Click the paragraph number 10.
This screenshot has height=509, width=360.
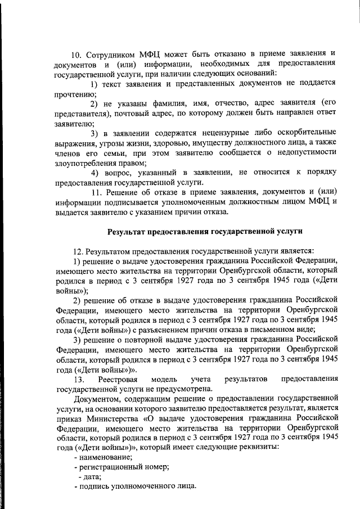coord(76,55)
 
